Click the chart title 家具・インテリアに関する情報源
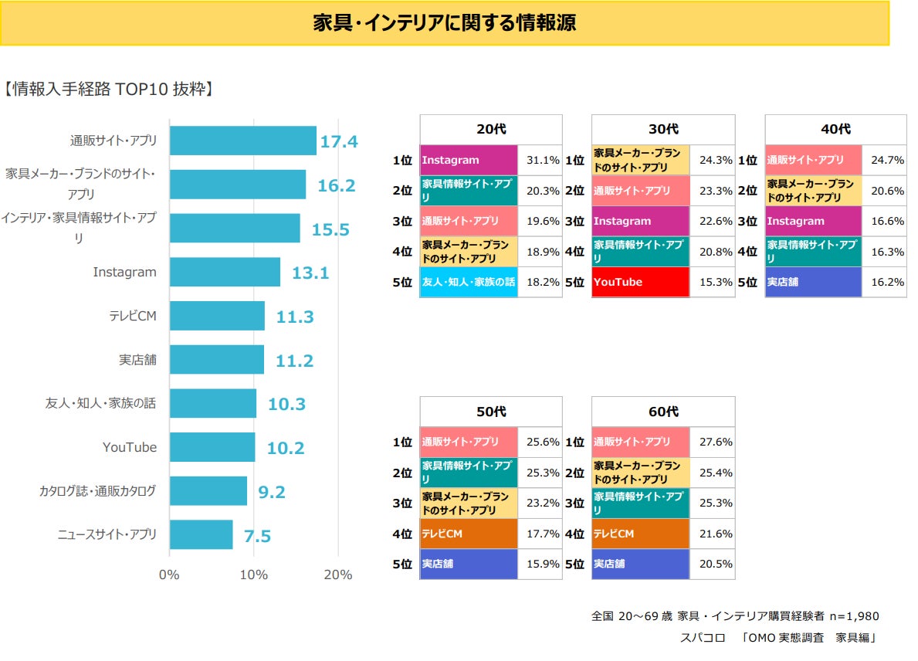click(x=444, y=23)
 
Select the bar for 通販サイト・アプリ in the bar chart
click(x=242, y=141)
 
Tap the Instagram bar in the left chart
click(x=225, y=272)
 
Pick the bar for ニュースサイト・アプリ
click(x=201, y=534)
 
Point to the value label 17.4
click(x=339, y=142)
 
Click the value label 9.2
click(x=272, y=492)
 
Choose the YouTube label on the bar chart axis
click(x=130, y=448)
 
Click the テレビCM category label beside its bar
click(x=133, y=316)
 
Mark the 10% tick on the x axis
click(x=254, y=575)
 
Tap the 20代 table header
click(x=491, y=130)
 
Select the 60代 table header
click(x=663, y=412)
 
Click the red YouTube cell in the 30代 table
click(x=641, y=282)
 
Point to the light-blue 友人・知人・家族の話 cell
click(x=469, y=282)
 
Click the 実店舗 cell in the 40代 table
click(x=813, y=282)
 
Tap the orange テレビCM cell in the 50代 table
click(x=469, y=534)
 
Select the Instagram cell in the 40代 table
click(x=813, y=221)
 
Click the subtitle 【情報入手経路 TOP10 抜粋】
click(x=108, y=89)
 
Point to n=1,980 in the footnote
click(x=854, y=616)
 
